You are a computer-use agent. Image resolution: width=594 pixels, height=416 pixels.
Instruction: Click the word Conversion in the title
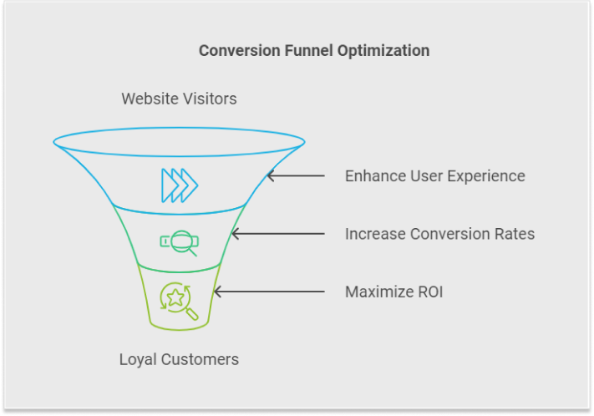click(240, 50)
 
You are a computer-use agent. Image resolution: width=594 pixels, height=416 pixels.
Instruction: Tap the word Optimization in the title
click(383, 51)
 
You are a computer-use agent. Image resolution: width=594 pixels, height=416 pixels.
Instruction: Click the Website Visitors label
click(179, 99)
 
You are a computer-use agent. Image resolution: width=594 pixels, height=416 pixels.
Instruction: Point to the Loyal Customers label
click(179, 359)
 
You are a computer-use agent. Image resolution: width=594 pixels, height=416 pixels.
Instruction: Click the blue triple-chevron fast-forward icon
click(180, 185)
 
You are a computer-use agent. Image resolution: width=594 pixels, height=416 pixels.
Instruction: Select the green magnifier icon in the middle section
click(180, 243)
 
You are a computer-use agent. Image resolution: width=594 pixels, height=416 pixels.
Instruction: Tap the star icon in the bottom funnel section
click(175, 297)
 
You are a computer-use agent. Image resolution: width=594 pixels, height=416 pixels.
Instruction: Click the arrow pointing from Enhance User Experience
click(296, 175)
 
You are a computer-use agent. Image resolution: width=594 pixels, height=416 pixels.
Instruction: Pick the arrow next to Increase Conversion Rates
click(278, 234)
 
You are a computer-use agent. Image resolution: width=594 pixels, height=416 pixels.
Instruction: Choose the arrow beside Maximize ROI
click(269, 292)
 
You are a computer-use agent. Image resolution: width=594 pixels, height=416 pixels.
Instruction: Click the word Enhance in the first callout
click(375, 176)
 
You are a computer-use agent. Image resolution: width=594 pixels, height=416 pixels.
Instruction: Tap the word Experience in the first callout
click(487, 176)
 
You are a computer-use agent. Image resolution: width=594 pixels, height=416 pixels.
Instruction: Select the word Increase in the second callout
click(375, 234)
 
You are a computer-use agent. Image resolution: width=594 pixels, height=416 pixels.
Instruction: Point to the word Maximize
click(379, 292)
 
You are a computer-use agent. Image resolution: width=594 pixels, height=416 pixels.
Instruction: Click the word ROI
click(430, 292)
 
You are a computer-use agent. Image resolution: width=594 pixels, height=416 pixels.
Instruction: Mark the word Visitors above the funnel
click(209, 99)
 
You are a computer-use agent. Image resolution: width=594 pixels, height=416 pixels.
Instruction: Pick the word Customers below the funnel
click(200, 359)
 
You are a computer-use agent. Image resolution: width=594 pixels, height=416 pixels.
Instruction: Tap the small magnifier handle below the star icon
click(192, 314)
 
